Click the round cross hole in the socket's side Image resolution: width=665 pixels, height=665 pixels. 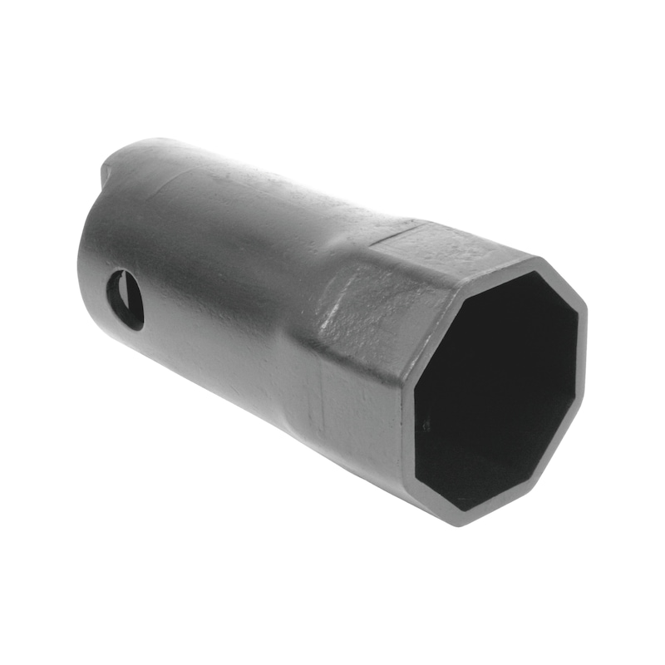coord(125,300)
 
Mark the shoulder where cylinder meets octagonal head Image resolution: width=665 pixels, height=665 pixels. coord(320,332)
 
